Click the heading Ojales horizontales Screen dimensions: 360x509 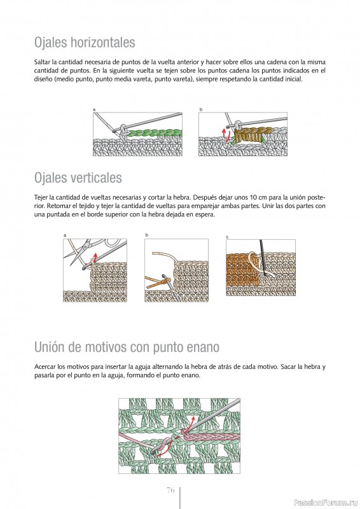(x=85, y=43)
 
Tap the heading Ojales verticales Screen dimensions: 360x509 (x=78, y=178)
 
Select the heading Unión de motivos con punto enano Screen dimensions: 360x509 (x=127, y=347)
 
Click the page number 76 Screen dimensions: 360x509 (x=170, y=490)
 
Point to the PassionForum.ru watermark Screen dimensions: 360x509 (x=325, y=503)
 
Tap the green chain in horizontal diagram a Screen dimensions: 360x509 (x=154, y=133)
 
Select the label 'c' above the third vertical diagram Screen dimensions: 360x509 (x=227, y=237)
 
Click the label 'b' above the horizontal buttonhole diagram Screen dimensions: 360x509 (x=200, y=109)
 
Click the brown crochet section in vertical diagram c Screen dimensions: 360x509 (x=242, y=270)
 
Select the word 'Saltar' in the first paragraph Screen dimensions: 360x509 (x=42, y=62)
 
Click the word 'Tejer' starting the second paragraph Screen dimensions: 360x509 (x=41, y=198)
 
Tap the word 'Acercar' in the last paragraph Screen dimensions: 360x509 (x=45, y=367)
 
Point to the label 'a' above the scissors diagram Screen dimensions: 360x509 (x=65, y=235)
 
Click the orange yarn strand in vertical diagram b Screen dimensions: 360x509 (x=155, y=281)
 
